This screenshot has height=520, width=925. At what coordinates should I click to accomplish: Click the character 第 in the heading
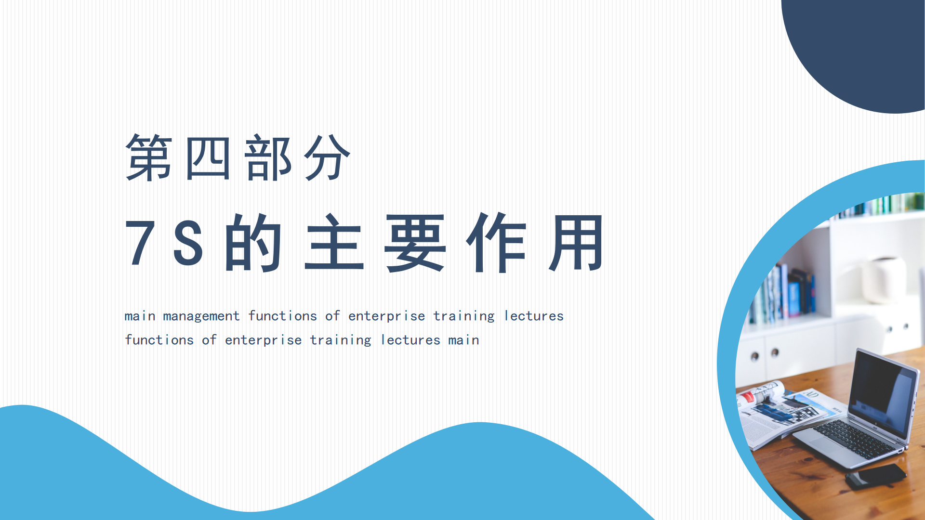(x=149, y=157)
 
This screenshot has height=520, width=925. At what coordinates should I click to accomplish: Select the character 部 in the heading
(x=268, y=157)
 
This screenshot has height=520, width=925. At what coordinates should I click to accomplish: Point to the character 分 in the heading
(x=327, y=157)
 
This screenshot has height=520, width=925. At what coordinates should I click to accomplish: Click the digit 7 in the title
(x=140, y=242)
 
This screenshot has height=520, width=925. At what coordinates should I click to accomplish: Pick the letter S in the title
(x=188, y=242)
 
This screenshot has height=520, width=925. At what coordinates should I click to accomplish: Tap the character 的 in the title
(x=253, y=242)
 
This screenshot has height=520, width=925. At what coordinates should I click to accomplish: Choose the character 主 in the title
(x=334, y=242)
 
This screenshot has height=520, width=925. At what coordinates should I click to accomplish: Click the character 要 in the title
(x=415, y=243)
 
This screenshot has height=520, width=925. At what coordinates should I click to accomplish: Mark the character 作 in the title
(x=496, y=242)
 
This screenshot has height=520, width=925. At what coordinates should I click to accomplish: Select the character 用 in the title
(x=576, y=243)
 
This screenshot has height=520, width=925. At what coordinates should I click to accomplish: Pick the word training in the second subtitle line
(x=341, y=340)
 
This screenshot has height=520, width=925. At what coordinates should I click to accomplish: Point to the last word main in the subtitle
(x=463, y=340)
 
